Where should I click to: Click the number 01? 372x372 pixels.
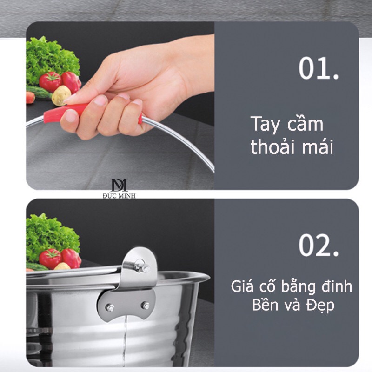pyautogui.click(x=319, y=68)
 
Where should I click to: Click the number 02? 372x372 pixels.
pyautogui.click(x=319, y=245)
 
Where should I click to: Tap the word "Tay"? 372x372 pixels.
pyautogui.click(x=265, y=125)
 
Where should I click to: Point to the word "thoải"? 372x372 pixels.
pyautogui.click(x=273, y=146)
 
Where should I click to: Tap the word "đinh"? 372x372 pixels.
pyautogui.click(x=337, y=286)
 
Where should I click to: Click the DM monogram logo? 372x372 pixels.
pyautogui.click(x=119, y=185)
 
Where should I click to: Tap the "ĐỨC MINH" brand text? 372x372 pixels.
pyautogui.click(x=119, y=196)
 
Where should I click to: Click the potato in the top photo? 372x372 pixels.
pyautogui.click(x=61, y=95)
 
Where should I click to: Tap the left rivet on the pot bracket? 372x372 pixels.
pyautogui.click(x=110, y=308)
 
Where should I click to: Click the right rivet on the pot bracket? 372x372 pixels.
pyautogui.click(x=145, y=306)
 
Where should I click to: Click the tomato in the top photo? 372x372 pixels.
pyautogui.click(x=50, y=82)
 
